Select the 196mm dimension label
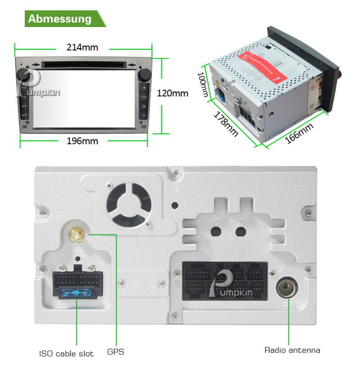(82, 141)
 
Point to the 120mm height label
(172, 94)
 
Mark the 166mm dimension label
(299, 134)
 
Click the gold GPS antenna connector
(76, 234)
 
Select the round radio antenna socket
(286, 287)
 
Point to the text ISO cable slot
(66, 353)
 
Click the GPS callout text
(116, 352)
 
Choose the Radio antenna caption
(292, 350)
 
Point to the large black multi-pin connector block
(224, 281)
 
